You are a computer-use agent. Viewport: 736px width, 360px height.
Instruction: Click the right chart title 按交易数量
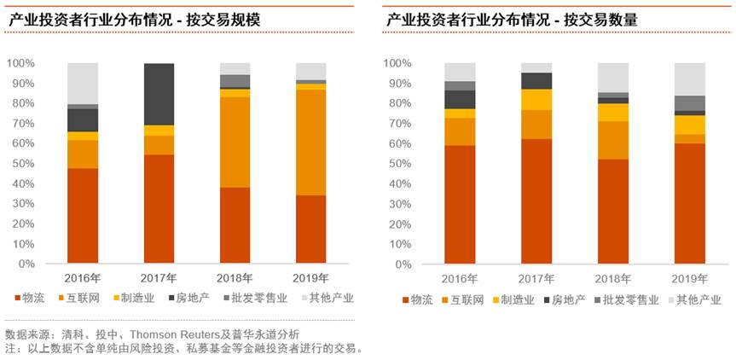pyautogui.click(x=606, y=18)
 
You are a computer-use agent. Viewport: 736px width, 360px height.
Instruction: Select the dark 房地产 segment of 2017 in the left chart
pyautogui.click(x=159, y=94)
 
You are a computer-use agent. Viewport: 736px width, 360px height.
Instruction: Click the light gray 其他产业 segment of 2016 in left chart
pyautogui.click(x=83, y=84)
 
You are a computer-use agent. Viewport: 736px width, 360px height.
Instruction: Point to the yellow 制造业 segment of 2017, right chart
pyautogui.click(x=537, y=99)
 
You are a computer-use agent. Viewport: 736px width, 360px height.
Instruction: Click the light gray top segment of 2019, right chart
pyautogui.click(x=689, y=78)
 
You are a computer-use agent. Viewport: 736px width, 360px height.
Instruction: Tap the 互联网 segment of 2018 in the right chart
pyautogui.click(x=613, y=140)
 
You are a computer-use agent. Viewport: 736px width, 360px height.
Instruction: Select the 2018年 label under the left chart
pyautogui.click(x=235, y=278)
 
